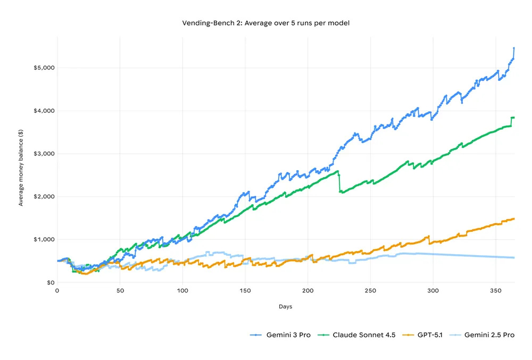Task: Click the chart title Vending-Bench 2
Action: coord(266,23)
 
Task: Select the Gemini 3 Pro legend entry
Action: coord(280,334)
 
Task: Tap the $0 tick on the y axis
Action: coord(48,282)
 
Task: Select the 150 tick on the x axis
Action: coord(245,291)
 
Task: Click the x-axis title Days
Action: coord(285,307)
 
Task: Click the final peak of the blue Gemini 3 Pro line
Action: coord(514,48)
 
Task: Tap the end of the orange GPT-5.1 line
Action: coord(514,219)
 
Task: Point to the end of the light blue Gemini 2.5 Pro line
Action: coord(514,258)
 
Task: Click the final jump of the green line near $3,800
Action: coord(512,121)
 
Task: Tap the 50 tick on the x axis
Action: coord(120,291)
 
